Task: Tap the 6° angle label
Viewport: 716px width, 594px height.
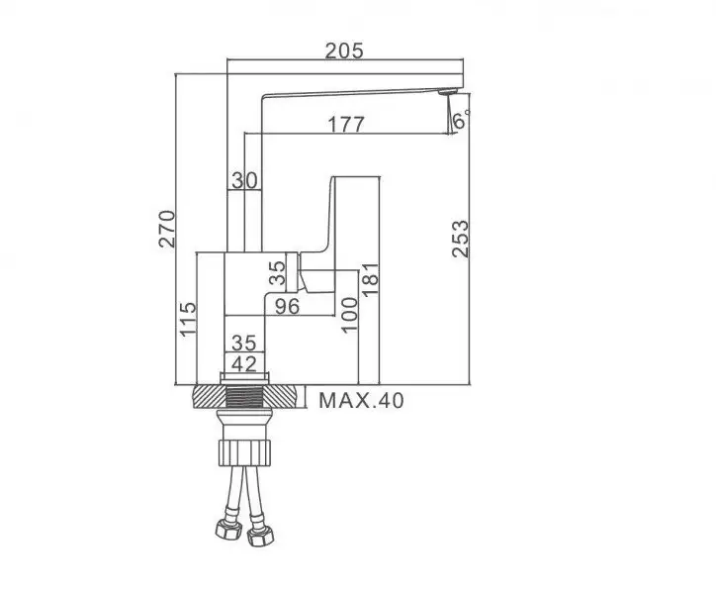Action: pyautogui.click(x=461, y=121)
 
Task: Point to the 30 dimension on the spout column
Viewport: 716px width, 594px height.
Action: pyautogui.click(x=244, y=179)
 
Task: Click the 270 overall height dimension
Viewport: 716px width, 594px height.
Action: pyautogui.click(x=168, y=229)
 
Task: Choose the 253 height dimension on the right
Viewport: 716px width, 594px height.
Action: pyautogui.click(x=461, y=239)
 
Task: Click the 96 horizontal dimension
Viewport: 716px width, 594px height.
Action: pyautogui.click(x=287, y=307)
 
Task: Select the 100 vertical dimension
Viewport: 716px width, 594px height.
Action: pyautogui.click(x=347, y=315)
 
